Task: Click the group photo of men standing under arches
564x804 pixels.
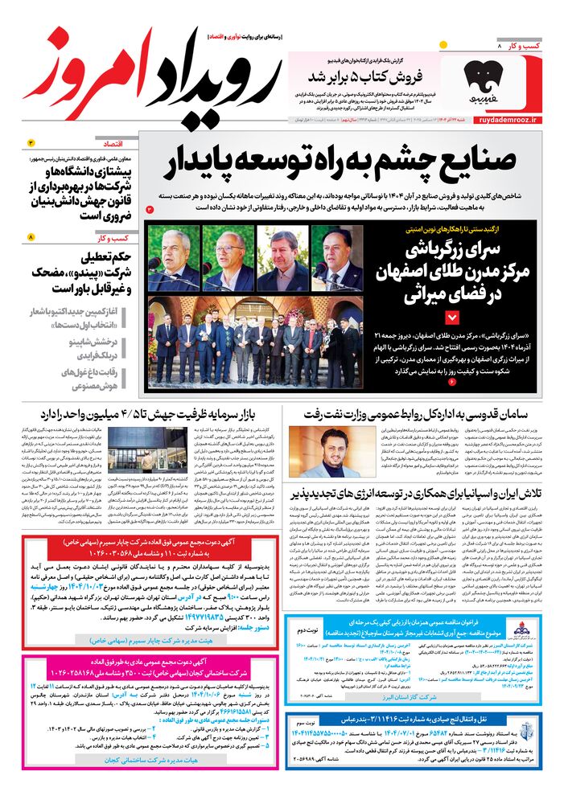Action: [x=256, y=342]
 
